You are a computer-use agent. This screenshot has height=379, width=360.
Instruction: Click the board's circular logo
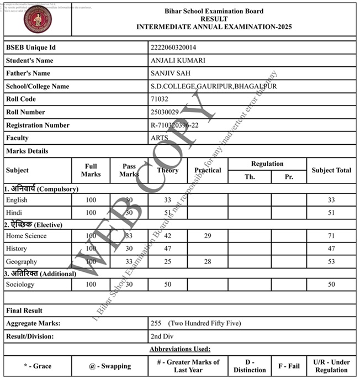[38, 20]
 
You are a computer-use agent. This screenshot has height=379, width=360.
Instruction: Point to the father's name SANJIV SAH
[169, 73]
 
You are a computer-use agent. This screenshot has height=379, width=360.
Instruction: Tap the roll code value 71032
[159, 99]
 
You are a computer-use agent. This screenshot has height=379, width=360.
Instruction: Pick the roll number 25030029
[165, 112]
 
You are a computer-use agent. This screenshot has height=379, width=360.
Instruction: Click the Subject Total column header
[331, 170]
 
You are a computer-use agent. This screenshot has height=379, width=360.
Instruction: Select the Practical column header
[207, 170]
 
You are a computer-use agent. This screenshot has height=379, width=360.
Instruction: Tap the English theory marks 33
[167, 200]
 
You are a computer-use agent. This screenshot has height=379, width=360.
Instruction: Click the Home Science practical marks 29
[207, 236]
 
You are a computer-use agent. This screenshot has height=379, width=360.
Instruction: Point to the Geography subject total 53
[331, 261]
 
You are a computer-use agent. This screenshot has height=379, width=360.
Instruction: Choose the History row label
[17, 249]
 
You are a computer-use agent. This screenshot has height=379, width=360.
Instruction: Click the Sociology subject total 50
[331, 285]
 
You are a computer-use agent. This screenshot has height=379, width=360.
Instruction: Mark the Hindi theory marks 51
[167, 213]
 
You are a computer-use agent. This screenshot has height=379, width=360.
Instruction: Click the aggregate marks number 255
[156, 323]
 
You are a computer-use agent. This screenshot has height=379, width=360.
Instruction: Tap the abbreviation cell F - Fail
[289, 366]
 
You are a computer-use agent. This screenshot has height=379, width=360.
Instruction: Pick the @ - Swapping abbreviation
[110, 366]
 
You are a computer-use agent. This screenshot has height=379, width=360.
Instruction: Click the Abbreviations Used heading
[180, 349]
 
